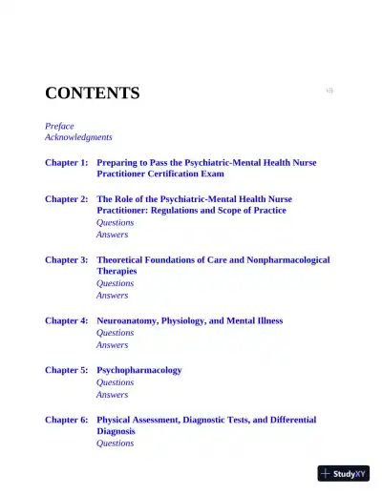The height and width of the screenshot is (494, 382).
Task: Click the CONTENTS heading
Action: pyautogui.click(x=92, y=93)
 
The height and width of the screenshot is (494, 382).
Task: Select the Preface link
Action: pyautogui.click(x=59, y=126)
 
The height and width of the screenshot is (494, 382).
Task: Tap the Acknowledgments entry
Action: pyautogui.click(x=78, y=137)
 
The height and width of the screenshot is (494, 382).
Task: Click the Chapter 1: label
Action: pyautogui.click(x=67, y=163)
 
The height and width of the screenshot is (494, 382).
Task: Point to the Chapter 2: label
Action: pyautogui.click(x=67, y=199)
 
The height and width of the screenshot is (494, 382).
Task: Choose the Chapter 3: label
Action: pyautogui.click(x=67, y=259)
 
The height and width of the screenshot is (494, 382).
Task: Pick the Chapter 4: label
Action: pyautogui.click(x=67, y=320)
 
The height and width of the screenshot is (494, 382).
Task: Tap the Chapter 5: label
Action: pyautogui.click(x=67, y=370)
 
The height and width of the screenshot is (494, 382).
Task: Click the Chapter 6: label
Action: pyautogui.click(x=67, y=420)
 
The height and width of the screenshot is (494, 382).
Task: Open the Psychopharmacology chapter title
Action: pyautogui.click(x=138, y=370)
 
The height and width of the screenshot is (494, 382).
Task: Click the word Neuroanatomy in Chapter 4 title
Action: pyautogui.click(x=129, y=320)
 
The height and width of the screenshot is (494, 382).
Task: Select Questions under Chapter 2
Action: pyautogui.click(x=115, y=222)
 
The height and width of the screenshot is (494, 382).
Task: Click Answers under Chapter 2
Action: pyautogui.click(x=112, y=235)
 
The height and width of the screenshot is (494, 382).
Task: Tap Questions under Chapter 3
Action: pyautogui.click(x=115, y=283)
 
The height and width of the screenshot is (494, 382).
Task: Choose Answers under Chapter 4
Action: pyautogui.click(x=112, y=345)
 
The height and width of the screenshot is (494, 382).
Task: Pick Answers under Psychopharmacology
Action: pyautogui.click(x=112, y=395)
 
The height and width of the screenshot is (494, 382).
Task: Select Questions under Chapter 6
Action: pyautogui.click(x=115, y=443)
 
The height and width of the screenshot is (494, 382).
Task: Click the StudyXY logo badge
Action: pyautogui.click(x=344, y=473)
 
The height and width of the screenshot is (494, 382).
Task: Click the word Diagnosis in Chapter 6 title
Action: pyautogui.click(x=116, y=431)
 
